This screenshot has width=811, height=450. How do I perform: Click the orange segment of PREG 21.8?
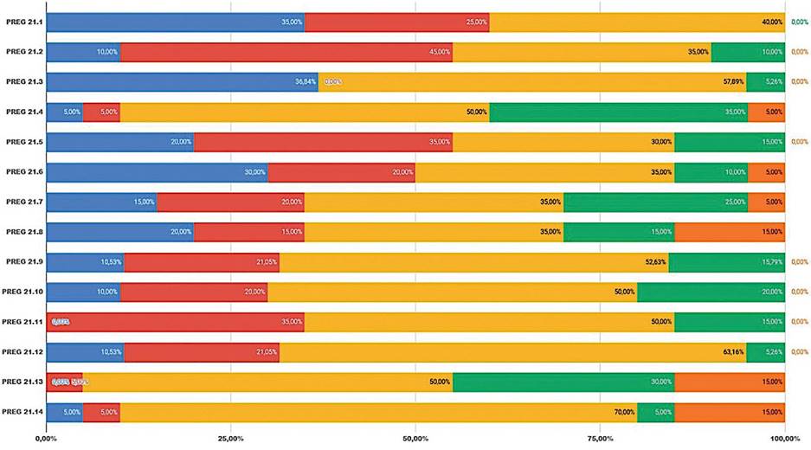click(x=730, y=232)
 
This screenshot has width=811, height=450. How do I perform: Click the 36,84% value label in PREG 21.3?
click(x=306, y=82)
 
